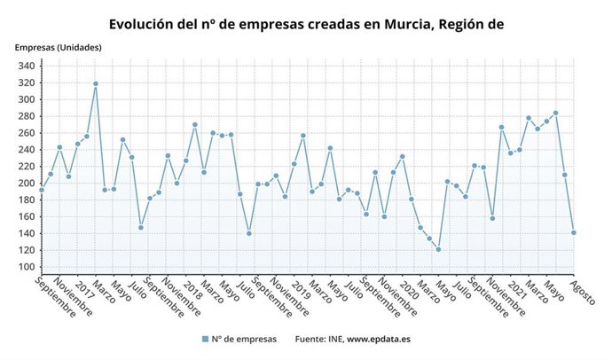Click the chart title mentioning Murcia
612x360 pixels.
pos(306,23)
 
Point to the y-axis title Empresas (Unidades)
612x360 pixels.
pos(58,46)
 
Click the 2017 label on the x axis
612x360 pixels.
pos(85,291)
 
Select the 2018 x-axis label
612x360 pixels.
pos(193,291)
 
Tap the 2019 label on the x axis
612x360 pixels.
pos(302,291)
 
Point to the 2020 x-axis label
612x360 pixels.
pos(411,291)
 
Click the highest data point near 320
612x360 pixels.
pos(96,83)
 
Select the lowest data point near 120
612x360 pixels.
pos(438,249)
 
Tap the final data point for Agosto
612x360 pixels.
pos(574,233)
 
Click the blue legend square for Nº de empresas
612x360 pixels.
pos(205,339)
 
